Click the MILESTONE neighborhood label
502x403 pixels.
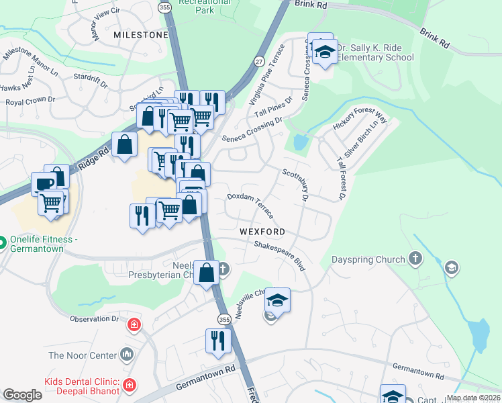click(140, 34)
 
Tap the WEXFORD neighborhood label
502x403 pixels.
click(262, 232)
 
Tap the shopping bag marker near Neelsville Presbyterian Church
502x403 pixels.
click(206, 272)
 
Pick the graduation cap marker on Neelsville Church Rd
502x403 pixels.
click(277, 300)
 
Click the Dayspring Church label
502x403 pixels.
click(368, 259)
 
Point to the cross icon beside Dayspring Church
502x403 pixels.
click(415, 259)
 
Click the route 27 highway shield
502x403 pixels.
click(259, 61)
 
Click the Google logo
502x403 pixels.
click(22, 394)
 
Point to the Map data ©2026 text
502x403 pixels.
click(472, 397)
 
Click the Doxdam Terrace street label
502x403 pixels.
click(250, 205)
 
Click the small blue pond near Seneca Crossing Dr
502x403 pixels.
click(299, 142)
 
